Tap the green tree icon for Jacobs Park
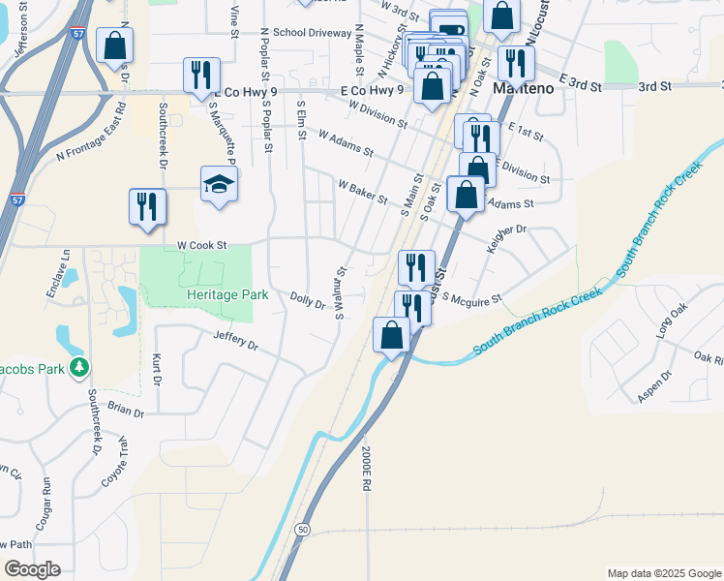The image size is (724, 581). tap(80, 368)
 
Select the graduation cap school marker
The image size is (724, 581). tap(220, 184)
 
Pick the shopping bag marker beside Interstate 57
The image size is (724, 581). tap(115, 46)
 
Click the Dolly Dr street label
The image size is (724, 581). tap(308, 301)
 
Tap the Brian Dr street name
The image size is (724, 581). tap(126, 410)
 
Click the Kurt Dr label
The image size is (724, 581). tap(157, 370)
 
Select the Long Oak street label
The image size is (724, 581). tap(670, 321)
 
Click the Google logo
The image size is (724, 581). tap(32, 569)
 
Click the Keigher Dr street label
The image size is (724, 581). tap(506, 237)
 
